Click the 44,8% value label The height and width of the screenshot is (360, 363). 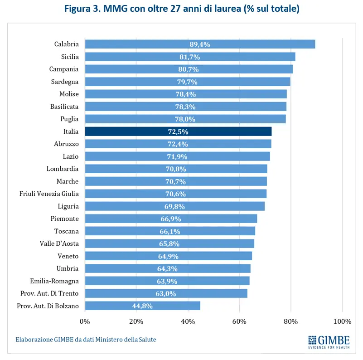click(142, 306)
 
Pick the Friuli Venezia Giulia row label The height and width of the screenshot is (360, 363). click(49, 194)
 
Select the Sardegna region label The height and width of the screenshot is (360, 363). click(65, 82)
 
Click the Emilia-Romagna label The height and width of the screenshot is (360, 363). click(54, 281)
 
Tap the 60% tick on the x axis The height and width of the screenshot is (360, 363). click(239, 321)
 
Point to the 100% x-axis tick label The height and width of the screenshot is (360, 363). click(342, 321)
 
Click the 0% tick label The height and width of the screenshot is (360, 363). click(85, 321)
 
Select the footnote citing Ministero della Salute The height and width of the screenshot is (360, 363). click(86, 339)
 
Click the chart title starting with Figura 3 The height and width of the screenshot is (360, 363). click(181, 9)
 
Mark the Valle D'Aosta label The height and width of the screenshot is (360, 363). click(59, 243)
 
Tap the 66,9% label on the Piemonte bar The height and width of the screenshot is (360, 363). click(171, 219)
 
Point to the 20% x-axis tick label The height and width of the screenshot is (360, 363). click(136, 321)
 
